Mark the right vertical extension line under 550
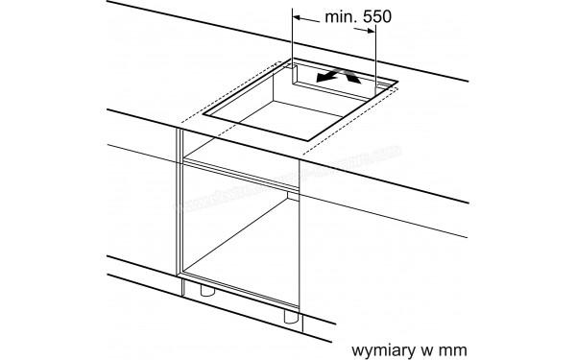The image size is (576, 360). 376,58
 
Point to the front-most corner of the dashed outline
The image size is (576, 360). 302,154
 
